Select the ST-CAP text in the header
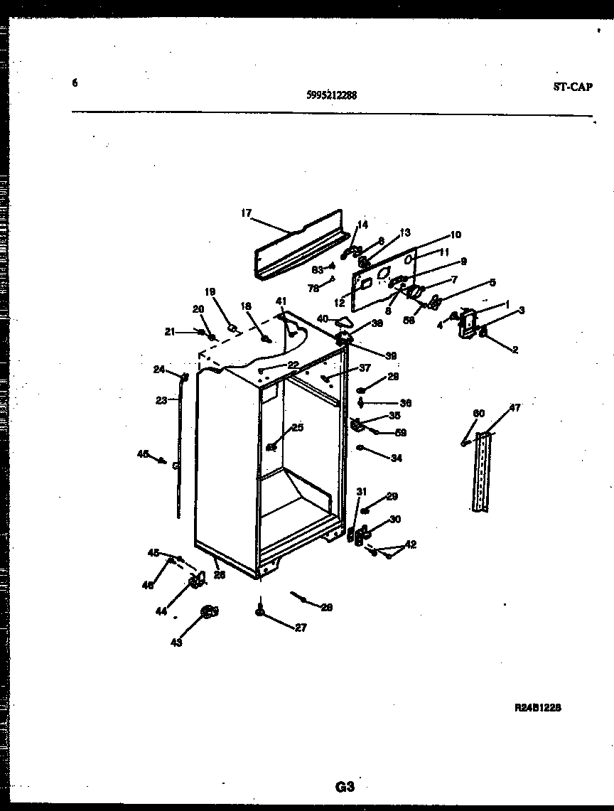coord(572,87)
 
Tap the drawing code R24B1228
coord(538,708)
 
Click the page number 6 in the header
coord(75,82)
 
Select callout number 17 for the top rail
coord(246,213)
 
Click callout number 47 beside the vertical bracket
coord(515,408)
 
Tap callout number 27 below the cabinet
coord(301,628)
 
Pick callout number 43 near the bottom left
coord(176,643)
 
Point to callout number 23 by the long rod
coord(161,400)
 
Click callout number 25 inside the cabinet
coord(297,427)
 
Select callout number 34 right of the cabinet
coord(396,458)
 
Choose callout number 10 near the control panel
coord(456,235)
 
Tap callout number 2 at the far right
coord(515,350)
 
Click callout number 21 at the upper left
coord(168,331)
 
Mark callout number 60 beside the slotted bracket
coord(479,414)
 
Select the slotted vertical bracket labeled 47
coord(483,473)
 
